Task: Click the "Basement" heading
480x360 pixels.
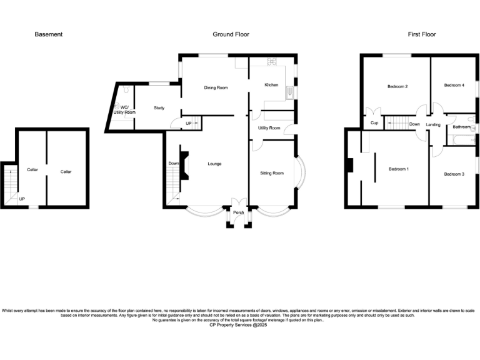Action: click(x=48, y=34)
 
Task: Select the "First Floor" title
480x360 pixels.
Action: click(x=422, y=34)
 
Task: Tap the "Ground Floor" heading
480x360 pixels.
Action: click(x=231, y=34)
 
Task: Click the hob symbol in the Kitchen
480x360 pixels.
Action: click(x=272, y=62)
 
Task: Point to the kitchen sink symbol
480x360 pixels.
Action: click(x=289, y=94)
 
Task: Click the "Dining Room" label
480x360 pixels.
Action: click(x=216, y=88)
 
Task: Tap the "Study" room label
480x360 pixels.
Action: click(x=159, y=108)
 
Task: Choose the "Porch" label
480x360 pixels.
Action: click(x=238, y=212)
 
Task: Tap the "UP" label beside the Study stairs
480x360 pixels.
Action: click(x=188, y=124)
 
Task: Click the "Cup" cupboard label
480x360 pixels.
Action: click(x=374, y=123)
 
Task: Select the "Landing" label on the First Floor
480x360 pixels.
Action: click(x=433, y=124)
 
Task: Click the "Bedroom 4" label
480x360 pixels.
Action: click(x=454, y=85)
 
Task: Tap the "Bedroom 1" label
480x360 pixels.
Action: click(x=399, y=169)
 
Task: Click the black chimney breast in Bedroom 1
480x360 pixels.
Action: click(x=350, y=165)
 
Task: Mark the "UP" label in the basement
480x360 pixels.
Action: click(x=21, y=200)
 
